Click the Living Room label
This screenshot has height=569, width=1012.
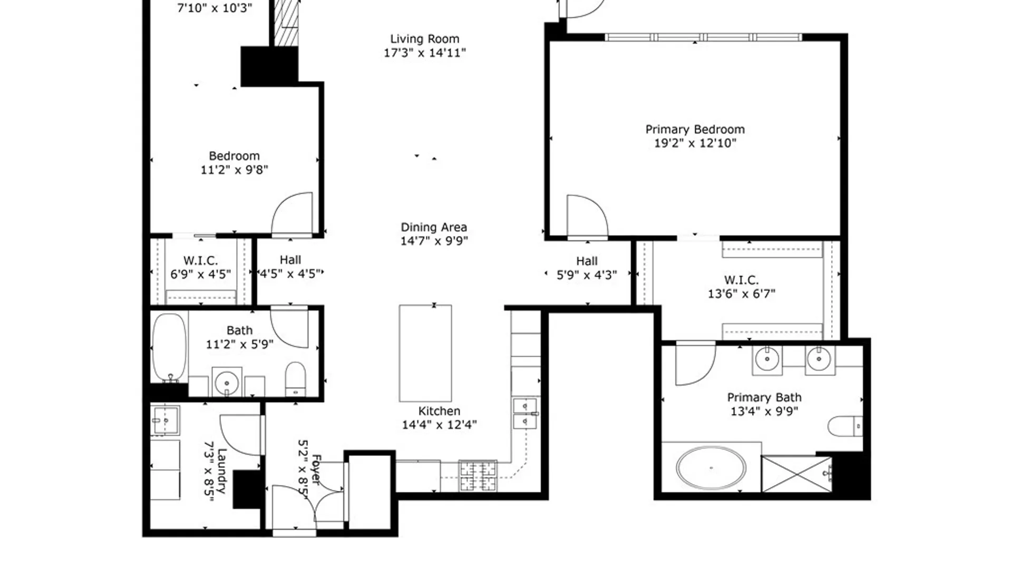point(424,39)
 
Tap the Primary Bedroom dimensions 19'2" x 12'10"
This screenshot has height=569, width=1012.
point(695,143)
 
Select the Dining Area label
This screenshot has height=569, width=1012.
point(433,227)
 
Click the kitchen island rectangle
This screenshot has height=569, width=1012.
point(425,353)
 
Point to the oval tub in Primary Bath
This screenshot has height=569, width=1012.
point(711,468)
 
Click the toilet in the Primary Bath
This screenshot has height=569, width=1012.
point(844,426)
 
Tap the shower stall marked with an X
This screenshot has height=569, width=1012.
point(796,474)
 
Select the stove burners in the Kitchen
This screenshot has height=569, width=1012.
point(478,475)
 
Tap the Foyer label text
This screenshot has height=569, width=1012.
point(316,469)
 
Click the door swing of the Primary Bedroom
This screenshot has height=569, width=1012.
point(586,216)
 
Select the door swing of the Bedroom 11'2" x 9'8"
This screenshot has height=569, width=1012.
point(293,213)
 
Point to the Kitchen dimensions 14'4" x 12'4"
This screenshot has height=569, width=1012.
point(439,425)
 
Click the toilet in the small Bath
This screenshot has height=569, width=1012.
point(295,378)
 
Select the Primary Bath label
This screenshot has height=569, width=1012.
point(764,398)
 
